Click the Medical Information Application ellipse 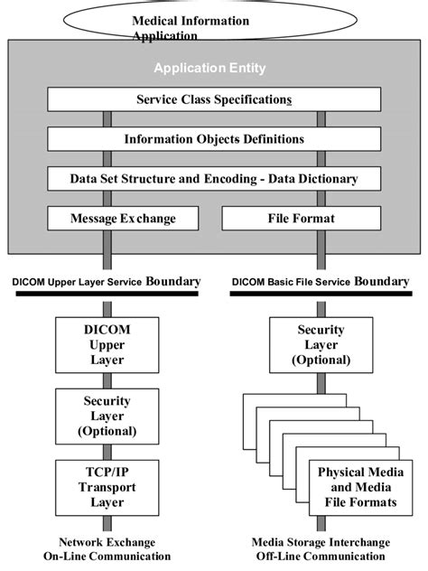213,22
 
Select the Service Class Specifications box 213,99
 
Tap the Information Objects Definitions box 213,139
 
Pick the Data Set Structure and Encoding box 213,179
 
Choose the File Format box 302,219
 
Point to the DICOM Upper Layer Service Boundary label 107,283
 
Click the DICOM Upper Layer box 107,343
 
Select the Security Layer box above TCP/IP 107,416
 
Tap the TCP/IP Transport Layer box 107,488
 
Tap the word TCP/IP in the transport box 107,473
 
